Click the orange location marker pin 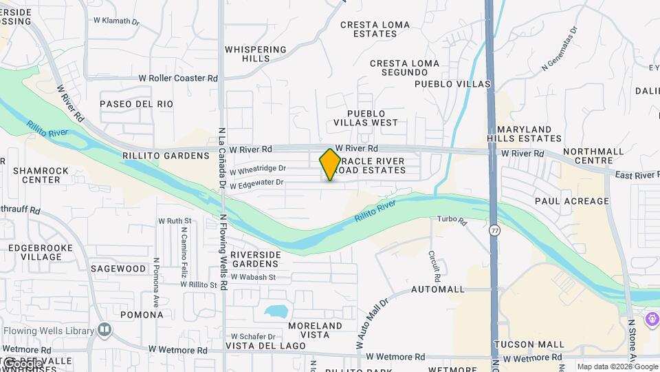coord(330,164)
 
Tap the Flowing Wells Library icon coord(104,331)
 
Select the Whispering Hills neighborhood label coord(256,54)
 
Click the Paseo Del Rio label coord(136,104)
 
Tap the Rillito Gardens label coord(165,156)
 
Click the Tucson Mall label coord(529,344)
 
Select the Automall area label coord(438,289)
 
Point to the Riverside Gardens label coord(256,259)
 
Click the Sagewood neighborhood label coord(118,269)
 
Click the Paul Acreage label coord(572,201)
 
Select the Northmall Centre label coord(593,156)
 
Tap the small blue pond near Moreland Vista coord(276,311)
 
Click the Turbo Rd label coord(452,221)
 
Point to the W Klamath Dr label coord(115,21)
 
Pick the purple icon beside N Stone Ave coord(651,320)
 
